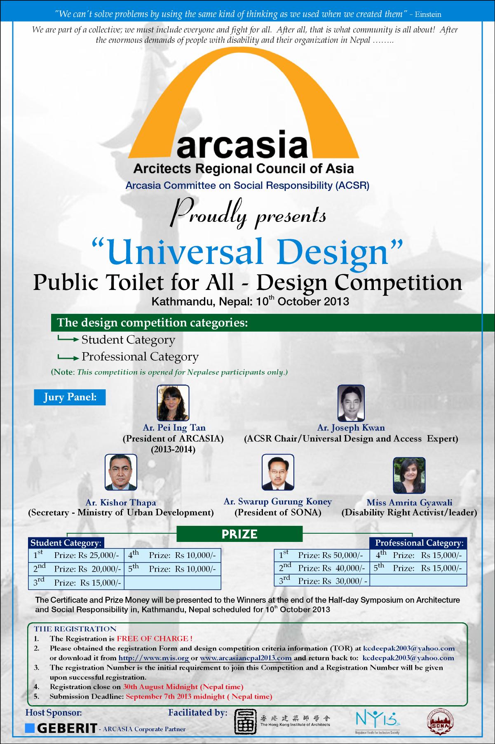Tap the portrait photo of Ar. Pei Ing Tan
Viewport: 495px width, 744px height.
tap(173, 403)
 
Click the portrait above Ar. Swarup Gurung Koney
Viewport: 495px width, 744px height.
tap(278, 472)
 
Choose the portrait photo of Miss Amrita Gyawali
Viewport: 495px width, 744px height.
tap(409, 475)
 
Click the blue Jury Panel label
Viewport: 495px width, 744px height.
tap(70, 397)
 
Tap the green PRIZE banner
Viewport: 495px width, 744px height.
tap(239, 534)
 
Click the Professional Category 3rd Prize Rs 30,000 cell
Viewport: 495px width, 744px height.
tap(323, 581)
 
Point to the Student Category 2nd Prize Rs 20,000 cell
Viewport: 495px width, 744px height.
tap(76, 569)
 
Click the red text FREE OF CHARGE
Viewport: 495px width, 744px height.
tap(155, 639)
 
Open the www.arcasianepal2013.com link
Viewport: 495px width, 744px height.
tap(246, 658)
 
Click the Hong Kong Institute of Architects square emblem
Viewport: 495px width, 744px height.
tap(246, 722)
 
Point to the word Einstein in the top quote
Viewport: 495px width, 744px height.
tap(428, 14)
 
